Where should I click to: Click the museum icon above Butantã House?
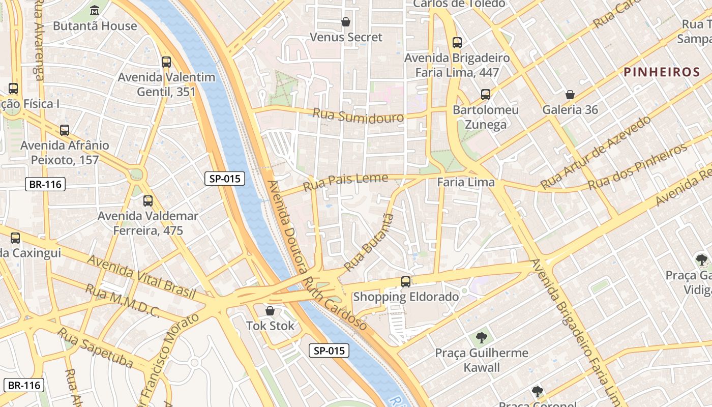95,10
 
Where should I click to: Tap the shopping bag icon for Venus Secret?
346,22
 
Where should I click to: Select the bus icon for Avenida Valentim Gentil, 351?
166,62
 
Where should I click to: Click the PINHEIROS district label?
662,72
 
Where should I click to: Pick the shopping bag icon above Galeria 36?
570,95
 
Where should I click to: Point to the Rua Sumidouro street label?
358,115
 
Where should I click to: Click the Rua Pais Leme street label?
345,182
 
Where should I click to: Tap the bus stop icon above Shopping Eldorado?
406,281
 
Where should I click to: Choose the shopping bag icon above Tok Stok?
270,310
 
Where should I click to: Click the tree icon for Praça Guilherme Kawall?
481,337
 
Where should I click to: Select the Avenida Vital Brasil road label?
141,277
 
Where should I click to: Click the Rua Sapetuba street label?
95,348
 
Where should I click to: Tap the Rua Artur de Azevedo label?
596,152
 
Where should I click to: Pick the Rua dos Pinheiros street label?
638,167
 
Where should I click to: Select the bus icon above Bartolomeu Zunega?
486,95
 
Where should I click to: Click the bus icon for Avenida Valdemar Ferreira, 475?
148,201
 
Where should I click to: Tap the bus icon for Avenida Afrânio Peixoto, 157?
65,130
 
